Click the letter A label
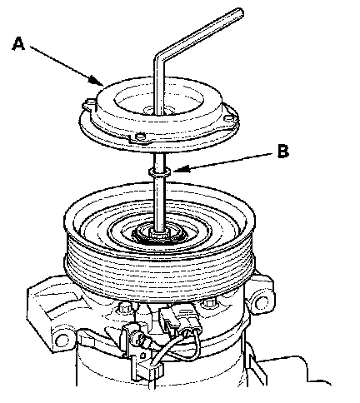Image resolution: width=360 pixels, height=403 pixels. pyautogui.click(x=18, y=44)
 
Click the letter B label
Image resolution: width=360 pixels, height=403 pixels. pyautogui.click(x=283, y=152)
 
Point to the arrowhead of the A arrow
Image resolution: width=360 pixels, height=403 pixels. pyautogui.click(x=97, y=82)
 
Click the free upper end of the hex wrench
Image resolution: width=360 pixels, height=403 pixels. pyautogui.click(x=239, y=13)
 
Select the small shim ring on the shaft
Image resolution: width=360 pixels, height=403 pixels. pyautogui.click(x=159, y=172)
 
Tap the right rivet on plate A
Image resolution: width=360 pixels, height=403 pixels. pyautogui.click(x=229, y=118)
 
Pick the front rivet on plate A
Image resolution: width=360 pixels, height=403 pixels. pyautogui.click(x=140, y=137)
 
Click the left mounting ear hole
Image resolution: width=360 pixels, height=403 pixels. pyautogui.click(x=63, y=339)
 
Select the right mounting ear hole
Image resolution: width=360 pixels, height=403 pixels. pyautogui.click(x=261, y=302)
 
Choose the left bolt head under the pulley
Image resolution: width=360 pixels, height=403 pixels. pyautogui.click(x=125, y=307)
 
